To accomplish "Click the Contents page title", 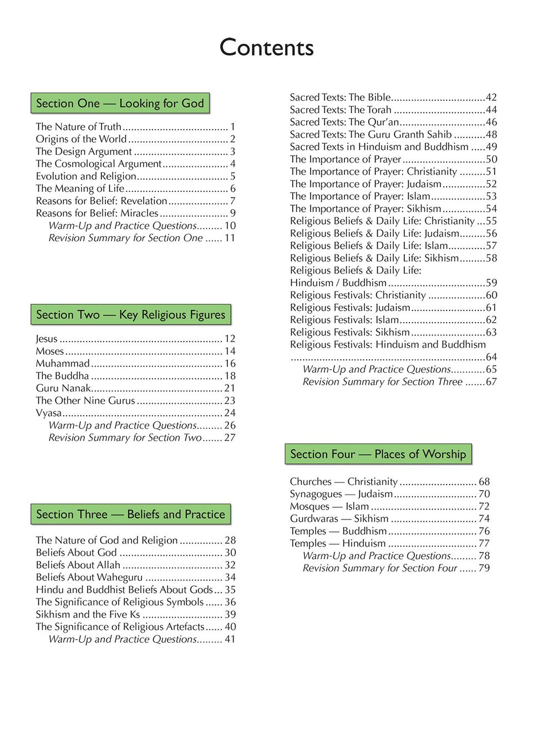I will [x=266, y=48].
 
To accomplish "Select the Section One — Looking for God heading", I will [x=120, y=104].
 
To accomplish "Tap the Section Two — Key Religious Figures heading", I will [x=130, y=315].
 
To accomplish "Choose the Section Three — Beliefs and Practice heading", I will [x=130, y=514].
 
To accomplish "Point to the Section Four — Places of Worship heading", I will [x=378, y=455].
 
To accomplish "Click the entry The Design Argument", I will [x=84, y=151].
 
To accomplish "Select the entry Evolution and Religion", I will [x=86, y=176].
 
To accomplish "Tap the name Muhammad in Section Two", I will [x=63, y=364].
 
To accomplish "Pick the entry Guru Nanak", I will [x=63, y=388].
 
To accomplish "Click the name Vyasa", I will [x=49, y=413].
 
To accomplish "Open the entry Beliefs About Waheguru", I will [x=89, y=577].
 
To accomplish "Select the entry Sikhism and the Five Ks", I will [x=88, y=614].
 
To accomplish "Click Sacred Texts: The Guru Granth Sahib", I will [x=370, y=135].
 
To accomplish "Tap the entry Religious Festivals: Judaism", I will [x=350, y=308].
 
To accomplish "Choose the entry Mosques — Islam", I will [x=329, y=507].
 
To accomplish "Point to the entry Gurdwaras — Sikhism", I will [x=339, y=519].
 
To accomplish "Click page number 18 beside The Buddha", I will [x=230, y=376].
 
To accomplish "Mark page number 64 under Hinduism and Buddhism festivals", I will [x=491, y=357].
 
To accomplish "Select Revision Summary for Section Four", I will [x=380, y=568].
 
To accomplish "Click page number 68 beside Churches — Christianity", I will [x=484, y=482].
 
